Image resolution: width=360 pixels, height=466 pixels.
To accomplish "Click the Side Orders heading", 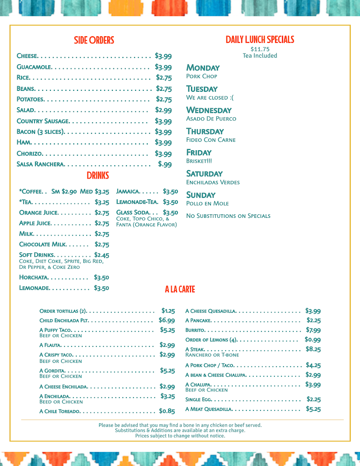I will [94, 40].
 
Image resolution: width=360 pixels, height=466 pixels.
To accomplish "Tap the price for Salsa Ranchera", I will [165, 164].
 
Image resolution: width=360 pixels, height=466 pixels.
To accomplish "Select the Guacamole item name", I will [34, 67].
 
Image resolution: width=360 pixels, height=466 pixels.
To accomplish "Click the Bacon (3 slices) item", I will [40, 132].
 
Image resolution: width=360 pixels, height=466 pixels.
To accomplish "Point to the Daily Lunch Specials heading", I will [260, 40].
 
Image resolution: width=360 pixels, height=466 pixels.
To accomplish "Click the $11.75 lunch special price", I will [260, 49].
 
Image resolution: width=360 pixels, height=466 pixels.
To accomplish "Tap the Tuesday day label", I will [202, 89].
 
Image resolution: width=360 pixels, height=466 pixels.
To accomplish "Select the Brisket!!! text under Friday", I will [199, 161].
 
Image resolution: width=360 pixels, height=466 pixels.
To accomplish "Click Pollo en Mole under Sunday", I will [207, 203].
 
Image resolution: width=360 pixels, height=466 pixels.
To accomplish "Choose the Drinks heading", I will [97, 176].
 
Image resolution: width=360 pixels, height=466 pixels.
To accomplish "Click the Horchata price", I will [101, 277].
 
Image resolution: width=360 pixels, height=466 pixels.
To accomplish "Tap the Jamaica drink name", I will [128, 191].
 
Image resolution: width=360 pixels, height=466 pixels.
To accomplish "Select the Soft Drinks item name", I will [37, 255].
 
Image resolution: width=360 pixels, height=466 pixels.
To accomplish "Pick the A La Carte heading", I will [180, 289].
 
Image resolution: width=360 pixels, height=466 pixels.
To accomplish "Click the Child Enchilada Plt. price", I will [167, 320].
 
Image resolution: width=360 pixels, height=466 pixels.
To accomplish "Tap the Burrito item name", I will [195, 330].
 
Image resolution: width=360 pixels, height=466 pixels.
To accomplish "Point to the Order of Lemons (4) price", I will [313, 340].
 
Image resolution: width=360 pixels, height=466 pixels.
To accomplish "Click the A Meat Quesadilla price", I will [313, 409].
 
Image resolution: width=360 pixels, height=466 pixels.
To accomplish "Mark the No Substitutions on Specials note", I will [228, 216].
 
